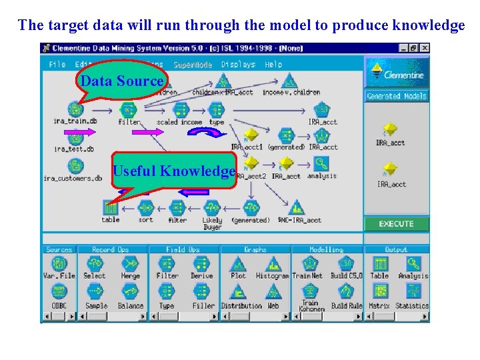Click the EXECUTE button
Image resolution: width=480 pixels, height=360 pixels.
[396, 224]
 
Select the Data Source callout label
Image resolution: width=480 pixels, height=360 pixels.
[122, 81]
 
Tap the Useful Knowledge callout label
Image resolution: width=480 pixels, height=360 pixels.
[173, 171]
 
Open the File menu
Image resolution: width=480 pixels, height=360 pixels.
[57, 65]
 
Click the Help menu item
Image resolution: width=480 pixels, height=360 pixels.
[273, 65]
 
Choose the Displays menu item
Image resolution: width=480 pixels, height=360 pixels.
[238, 65]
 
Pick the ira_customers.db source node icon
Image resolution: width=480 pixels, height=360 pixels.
[75, 166]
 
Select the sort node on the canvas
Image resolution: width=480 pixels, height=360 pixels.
[145, 207]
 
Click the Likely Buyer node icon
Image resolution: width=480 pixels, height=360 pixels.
[212, 207]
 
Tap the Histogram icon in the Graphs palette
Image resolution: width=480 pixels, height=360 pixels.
[272, 264]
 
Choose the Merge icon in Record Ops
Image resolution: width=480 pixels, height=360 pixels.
[131, 264]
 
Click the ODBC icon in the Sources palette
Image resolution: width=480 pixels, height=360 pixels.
[59, 293]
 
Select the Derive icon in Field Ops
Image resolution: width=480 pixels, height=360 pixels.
[201, 264]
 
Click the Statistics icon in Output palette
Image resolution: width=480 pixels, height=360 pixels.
[412, 293]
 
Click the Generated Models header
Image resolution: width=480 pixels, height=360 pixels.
[397, 96]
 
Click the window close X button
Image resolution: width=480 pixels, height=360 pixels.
[425, 48]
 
